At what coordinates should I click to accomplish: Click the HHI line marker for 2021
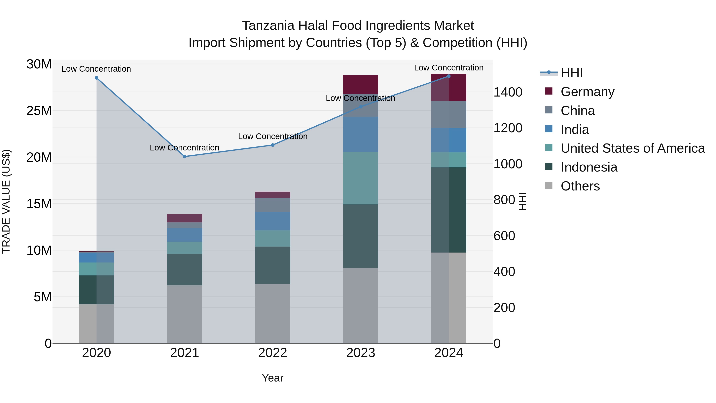click(185, 157)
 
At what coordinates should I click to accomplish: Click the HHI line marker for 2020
click(96, 78)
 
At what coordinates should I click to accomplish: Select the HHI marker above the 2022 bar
click(273, 145)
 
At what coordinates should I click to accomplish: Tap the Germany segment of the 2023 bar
click(361, 84)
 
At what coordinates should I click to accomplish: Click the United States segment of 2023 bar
click(361, 178)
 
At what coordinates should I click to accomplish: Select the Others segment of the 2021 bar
click(185, 314)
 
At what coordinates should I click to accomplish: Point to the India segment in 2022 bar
click(273, 221)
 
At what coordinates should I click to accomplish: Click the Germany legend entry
click(587, 92)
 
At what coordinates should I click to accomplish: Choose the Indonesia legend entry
click(589, 167)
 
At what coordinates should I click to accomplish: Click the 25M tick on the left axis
click(39, 111)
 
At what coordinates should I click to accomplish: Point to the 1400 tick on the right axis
click(508, 92)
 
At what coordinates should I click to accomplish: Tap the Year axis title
click(272, 378)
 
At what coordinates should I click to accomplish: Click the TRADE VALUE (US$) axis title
click(6, 201)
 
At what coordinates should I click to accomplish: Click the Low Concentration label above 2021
click(184, 148)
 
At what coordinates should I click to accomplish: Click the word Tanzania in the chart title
click(268, 26)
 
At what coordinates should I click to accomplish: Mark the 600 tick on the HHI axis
click(504, 236)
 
